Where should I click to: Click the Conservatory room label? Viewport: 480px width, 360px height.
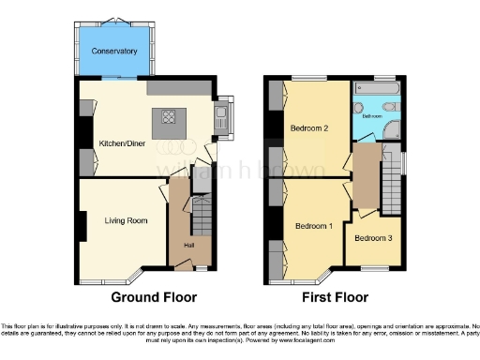pyautogui.click(x=114, y=51)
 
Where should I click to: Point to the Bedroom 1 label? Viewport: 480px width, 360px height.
pyautogui.click(x=314, y=226)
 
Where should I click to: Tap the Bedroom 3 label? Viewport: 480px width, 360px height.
pyautogui.click(x=374, y=238)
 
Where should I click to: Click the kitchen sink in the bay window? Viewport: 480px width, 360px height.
pyautogui.click(x=223, y=116)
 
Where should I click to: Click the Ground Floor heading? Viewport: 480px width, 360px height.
pyautogui.click(x=154, y=297)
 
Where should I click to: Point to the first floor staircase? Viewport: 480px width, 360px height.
pyautogui.click(x=392, y=183)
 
